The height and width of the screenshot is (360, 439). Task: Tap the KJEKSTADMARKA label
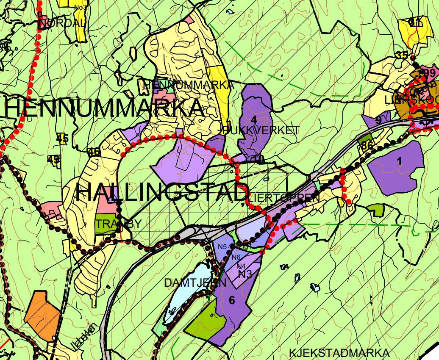[x=339, y=353]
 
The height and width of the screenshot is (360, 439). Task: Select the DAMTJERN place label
[x=195, y=283]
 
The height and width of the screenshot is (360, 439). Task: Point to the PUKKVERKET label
[x=261, y=130]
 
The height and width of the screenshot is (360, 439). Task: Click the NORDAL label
[x=62, y=23]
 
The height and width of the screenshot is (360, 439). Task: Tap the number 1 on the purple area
[x=399, y=161]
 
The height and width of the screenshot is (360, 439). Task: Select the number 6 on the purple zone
[x=231, y=300]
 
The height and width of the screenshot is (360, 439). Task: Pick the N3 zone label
[x=245, y=274]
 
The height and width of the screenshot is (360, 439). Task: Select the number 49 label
[x=54, y=159]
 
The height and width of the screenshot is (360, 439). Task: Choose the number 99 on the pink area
[x=429, y=73]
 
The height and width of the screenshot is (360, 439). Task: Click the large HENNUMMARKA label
[x=104, y=108]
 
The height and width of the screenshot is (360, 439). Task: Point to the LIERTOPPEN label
[x=284, y=198]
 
